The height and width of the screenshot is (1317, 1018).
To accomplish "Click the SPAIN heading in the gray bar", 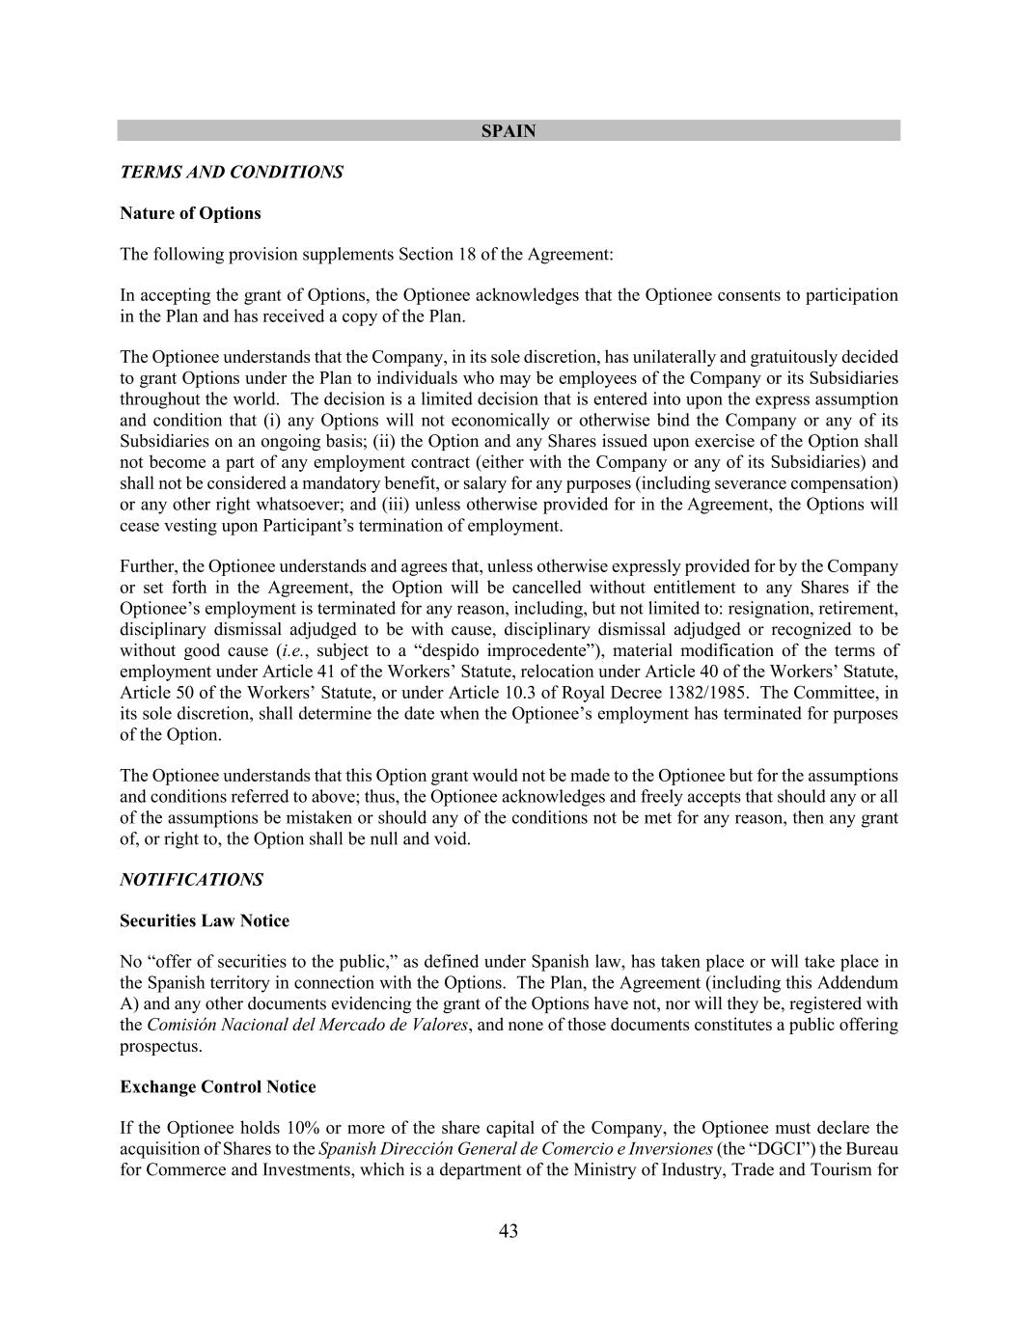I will pyautogui.click(x=509, y=131).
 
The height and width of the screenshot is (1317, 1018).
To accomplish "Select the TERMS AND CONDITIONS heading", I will pyautogui.click(x=232, y=172).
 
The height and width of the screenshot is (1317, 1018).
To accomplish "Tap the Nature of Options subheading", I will pyautogui.click(x=190, y=213).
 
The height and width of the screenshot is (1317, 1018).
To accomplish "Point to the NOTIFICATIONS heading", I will pyautogui.click(x=191, y=879).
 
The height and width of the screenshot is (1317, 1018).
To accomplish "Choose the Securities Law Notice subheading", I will pyautogui.click(x=205, y=920).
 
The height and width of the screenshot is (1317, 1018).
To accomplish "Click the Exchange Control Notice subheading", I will pyautogui.click(x=217, y=1086).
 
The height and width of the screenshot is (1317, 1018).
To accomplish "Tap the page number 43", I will pyautogui.click(x=509, y=1231).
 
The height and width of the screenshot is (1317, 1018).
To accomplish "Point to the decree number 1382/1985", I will pyautogui.click(x=711, y=693).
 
